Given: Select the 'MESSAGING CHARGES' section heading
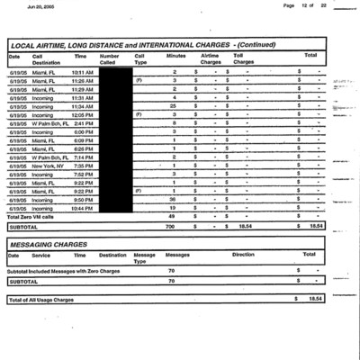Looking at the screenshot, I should [x=48, y=244].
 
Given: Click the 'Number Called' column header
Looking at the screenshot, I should [x=109, y=59].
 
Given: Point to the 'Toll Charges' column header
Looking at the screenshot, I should [x=243, y=59].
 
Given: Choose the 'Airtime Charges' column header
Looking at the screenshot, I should [x=210, y=59].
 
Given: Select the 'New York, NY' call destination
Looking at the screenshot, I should [x=50, y=166].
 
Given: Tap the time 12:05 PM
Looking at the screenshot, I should [x=83, y=115].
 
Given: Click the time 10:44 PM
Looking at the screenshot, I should [x=83, y=209].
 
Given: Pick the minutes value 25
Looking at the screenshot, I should [x=172, y=106].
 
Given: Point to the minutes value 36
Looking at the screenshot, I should [x=172, y=200].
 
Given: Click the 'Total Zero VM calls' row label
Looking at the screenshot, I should [x=31, y=217].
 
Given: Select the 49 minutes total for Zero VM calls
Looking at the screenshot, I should [x=172, y=217].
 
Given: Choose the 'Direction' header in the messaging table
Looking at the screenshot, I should [x=243, y=255].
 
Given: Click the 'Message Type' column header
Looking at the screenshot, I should [x=144, y=258].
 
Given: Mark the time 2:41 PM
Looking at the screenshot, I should [x=84, y=123].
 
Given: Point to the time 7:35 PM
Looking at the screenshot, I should [x=84, y=166].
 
